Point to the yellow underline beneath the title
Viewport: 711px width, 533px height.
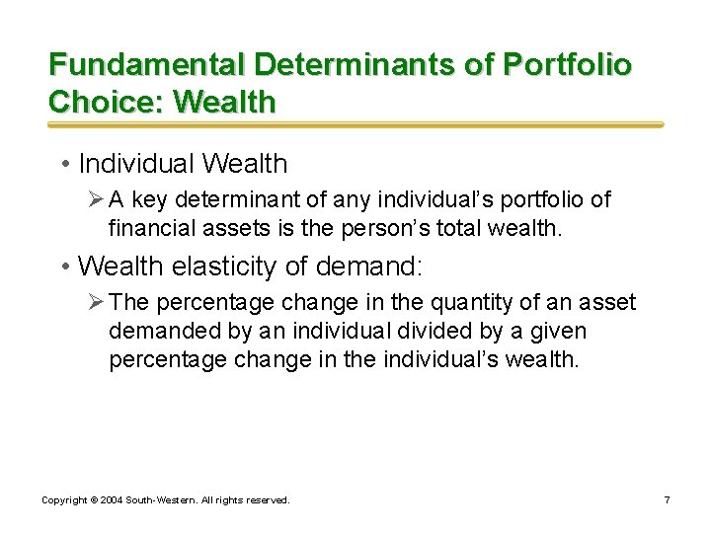pyautogui.click(x=355, y=125)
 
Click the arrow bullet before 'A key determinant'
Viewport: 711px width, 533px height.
pyautogui.click(x=96, y=199)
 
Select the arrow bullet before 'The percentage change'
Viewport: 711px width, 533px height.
pyautogui.click(x=96, y=302)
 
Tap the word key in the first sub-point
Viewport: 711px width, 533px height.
pyautogui.click(x=150, y=199)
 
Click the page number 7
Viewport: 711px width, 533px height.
pyautogui.click(x=667, y=500)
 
